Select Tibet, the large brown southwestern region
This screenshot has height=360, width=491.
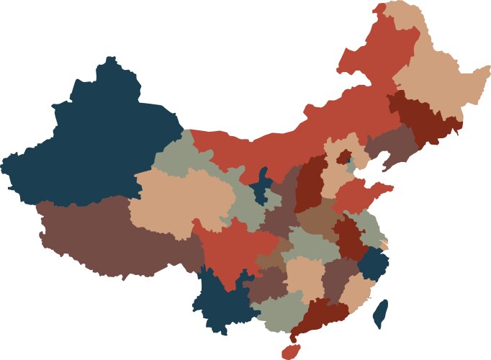click(115, 238)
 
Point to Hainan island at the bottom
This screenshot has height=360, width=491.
click(290, 351)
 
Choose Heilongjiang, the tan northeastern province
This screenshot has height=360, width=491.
click(432, 79)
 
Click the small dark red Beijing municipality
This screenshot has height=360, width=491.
click(345, 156)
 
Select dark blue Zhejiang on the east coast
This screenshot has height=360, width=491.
click(373, 265)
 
